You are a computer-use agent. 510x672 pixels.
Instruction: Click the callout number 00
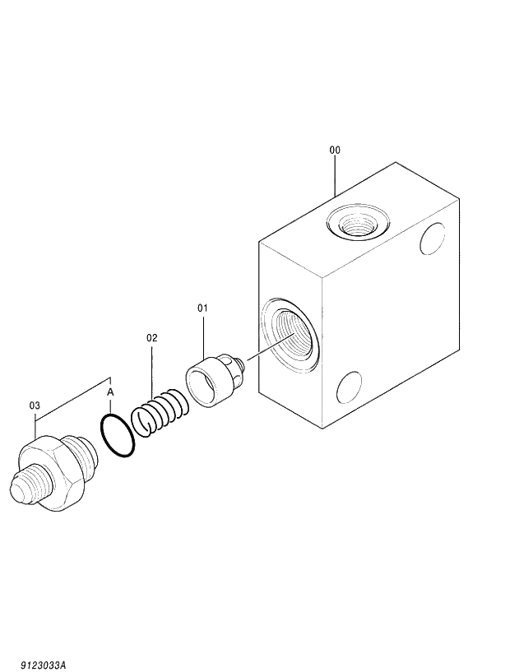(x=335, y=151)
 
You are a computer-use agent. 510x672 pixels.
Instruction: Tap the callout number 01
(x=202, y=308)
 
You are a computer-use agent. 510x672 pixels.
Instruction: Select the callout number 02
(x=151, y=337)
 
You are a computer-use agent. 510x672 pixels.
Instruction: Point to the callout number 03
(x=35, y=405)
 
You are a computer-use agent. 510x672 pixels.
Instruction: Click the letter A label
(x=111, y=393)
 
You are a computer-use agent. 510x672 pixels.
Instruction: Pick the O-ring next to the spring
(x=117, y=435)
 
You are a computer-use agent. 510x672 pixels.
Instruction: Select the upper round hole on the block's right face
(x=432, y=239)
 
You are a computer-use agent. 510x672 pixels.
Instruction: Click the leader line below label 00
(x=335, y=177)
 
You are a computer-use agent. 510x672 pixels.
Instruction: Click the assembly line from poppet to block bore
(x=263, y=351)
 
